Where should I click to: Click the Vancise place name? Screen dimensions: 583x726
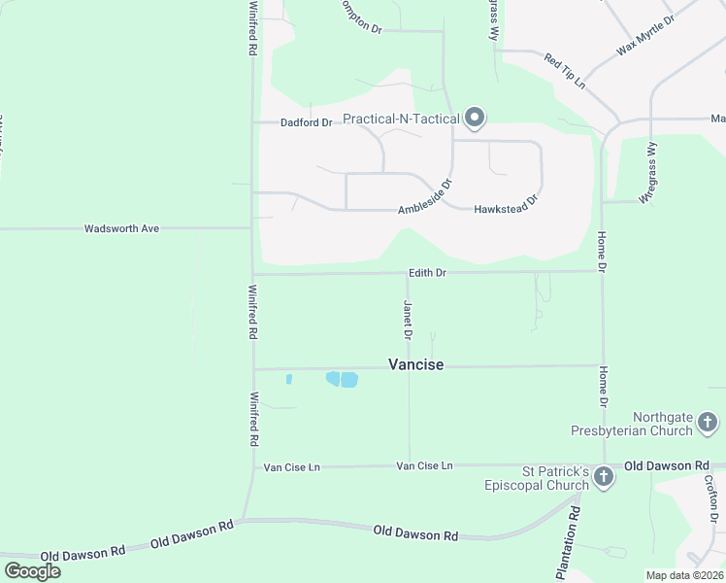point(415,364)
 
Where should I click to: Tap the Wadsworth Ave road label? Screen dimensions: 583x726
point(121,229)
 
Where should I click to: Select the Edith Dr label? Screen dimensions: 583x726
point(427,273)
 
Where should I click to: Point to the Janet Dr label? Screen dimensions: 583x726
point(409,320)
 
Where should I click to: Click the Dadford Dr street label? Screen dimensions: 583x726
point(306,123)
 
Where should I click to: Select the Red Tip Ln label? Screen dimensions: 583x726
point(565,71)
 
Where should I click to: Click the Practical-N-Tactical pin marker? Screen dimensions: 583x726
point(475,118)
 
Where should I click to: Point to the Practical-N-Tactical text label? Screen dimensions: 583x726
point(400,120)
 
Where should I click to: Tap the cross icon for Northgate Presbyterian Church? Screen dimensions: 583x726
point(708,422)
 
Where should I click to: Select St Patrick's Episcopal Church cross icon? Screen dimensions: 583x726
point(603,476)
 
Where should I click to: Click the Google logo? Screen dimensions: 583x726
point(32,570)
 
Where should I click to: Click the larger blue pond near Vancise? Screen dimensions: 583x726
point(343,379)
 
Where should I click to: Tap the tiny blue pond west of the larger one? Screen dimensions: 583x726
point(289,379)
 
